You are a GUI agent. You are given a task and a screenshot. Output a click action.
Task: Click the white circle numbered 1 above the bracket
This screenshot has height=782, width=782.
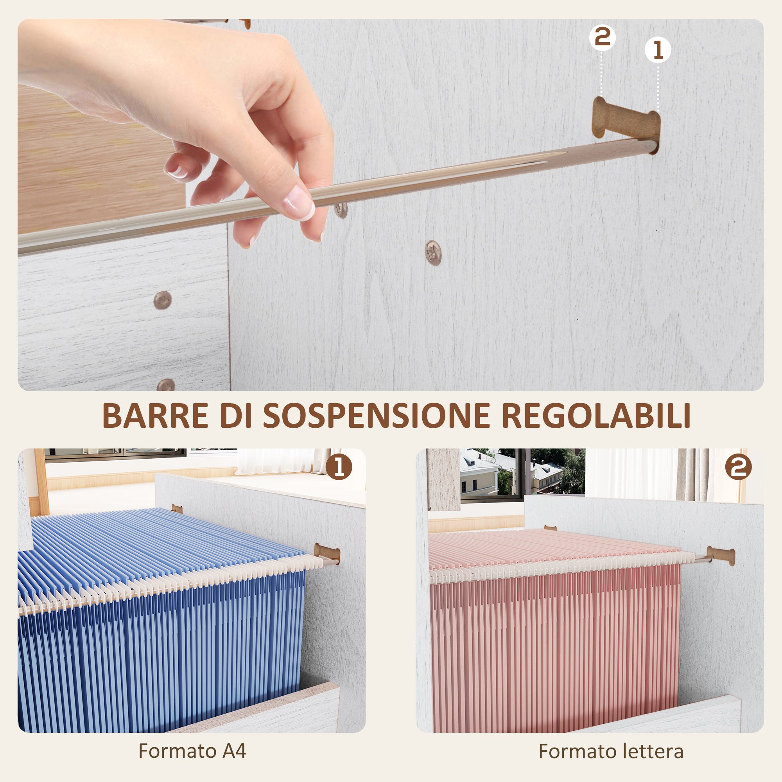657,50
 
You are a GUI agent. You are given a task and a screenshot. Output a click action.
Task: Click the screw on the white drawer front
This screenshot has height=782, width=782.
163,300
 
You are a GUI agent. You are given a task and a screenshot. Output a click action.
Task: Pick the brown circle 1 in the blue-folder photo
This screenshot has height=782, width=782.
339,467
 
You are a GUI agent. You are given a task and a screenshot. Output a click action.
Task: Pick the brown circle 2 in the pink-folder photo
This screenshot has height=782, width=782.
738,467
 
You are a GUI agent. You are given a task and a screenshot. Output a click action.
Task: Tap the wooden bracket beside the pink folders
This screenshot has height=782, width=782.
721,555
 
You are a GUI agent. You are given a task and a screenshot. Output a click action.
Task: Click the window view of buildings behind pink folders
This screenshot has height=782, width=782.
522,474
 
